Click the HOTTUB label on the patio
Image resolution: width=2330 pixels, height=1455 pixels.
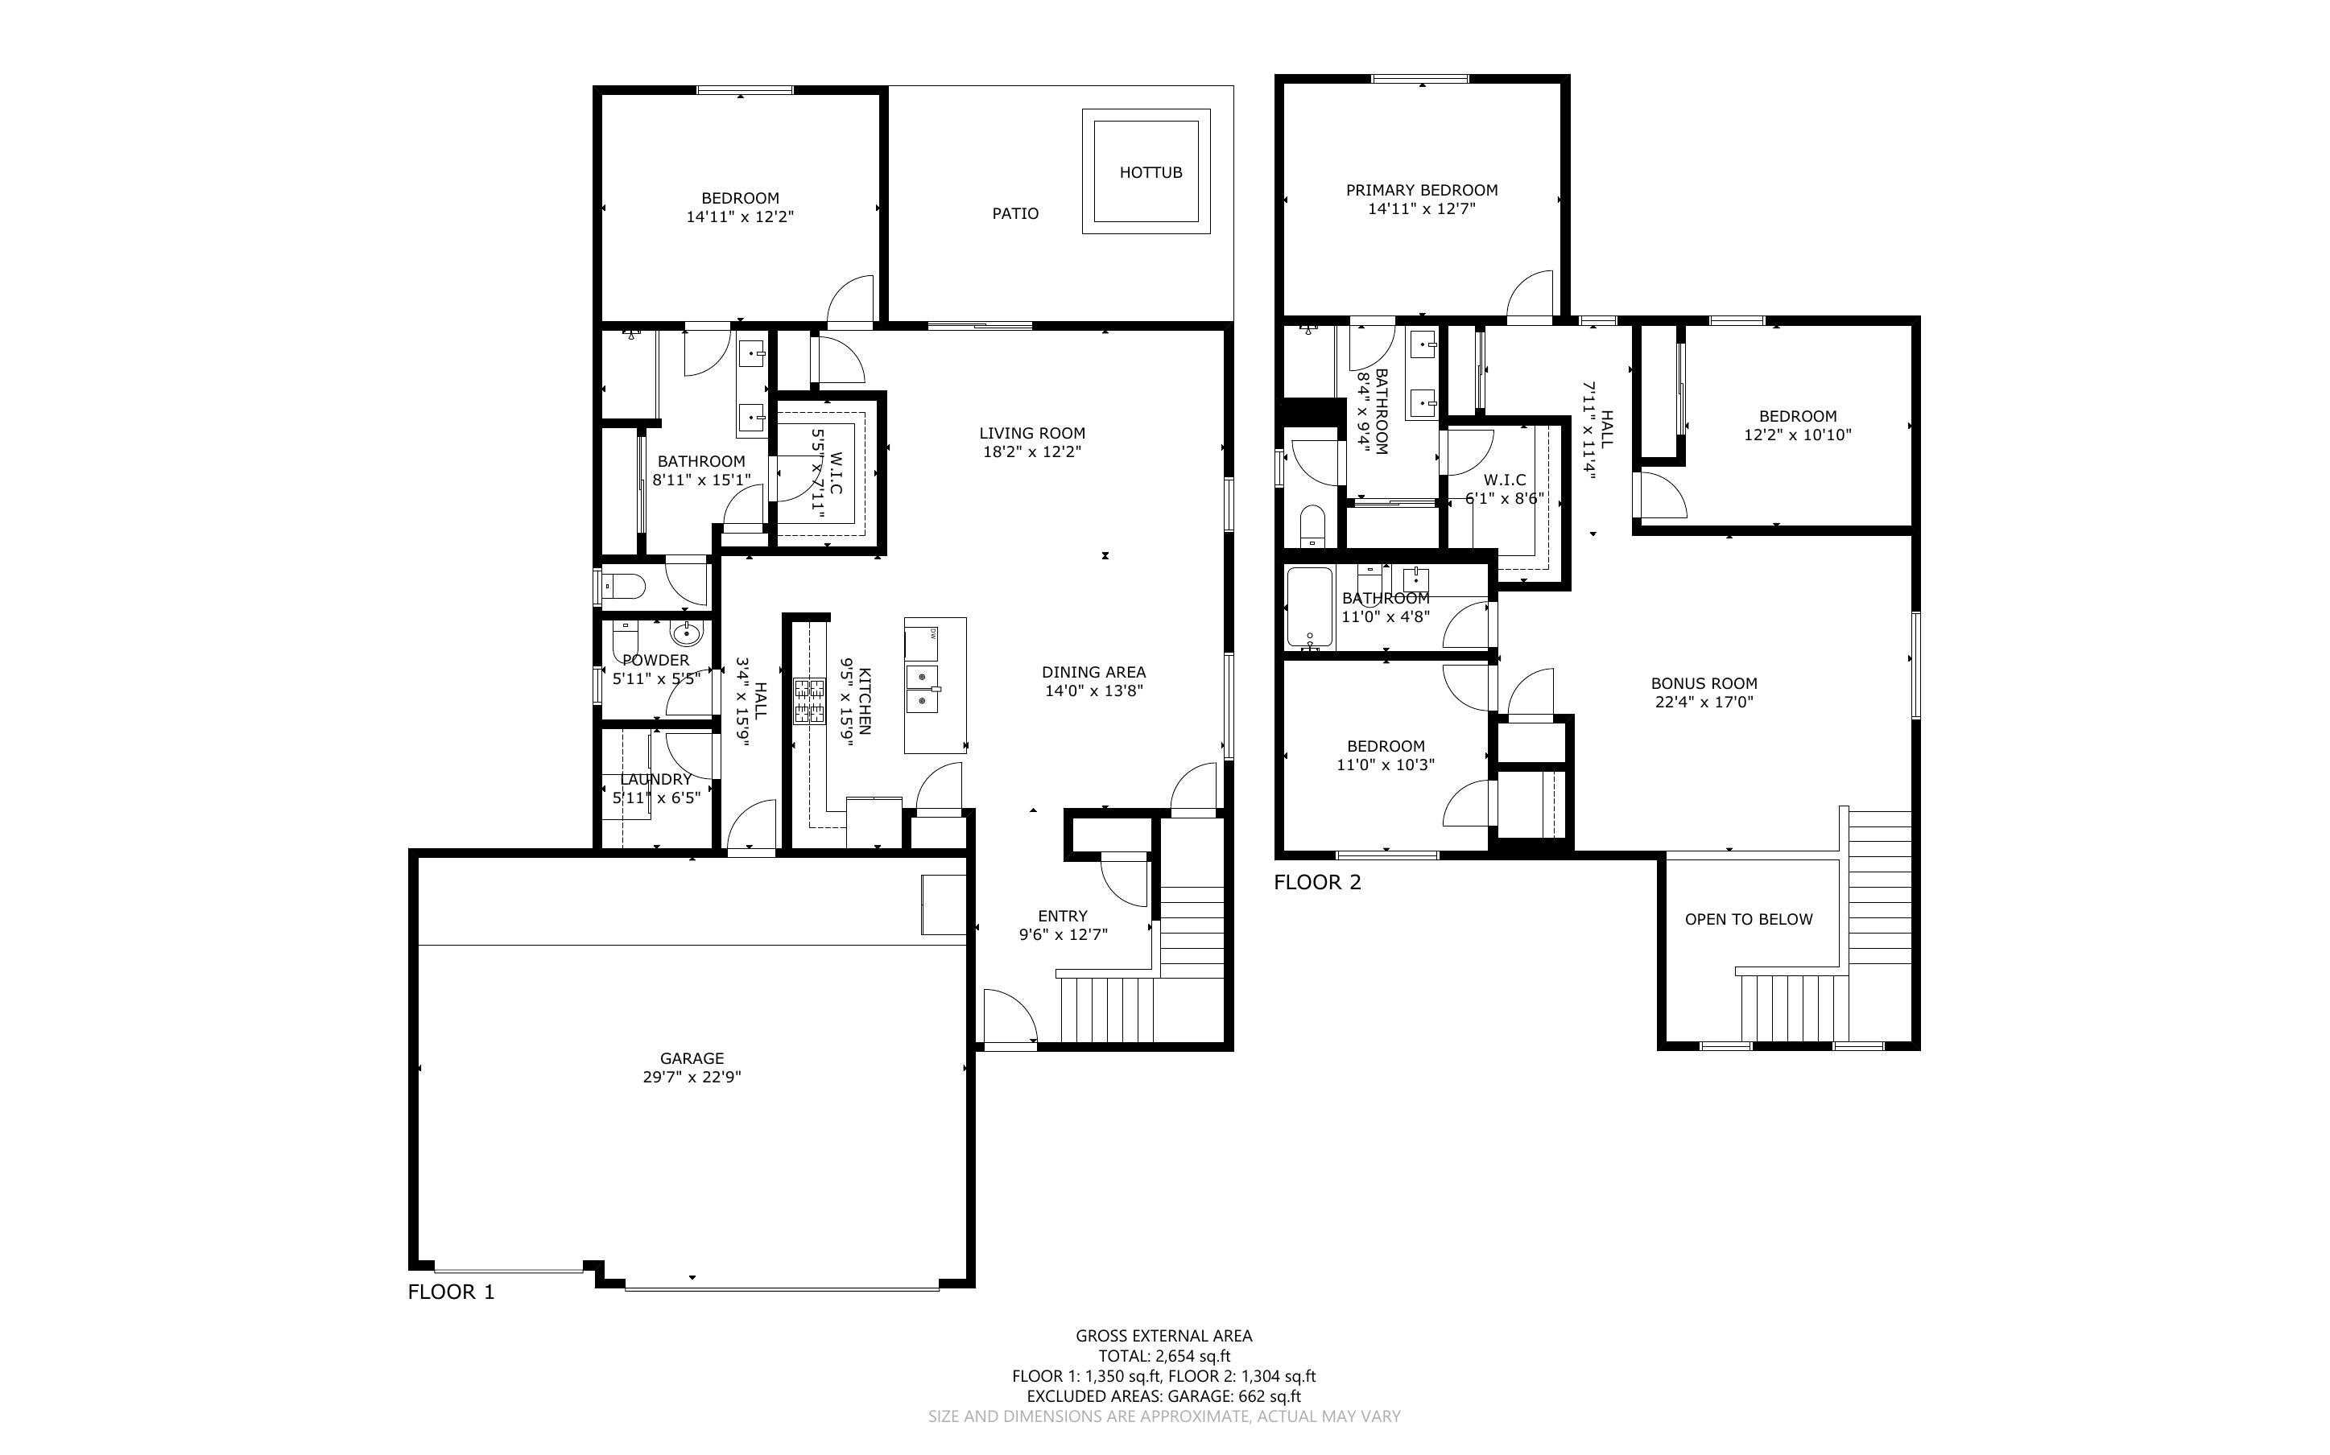(1150, 172)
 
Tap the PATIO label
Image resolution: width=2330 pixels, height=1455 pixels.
(1015, 213)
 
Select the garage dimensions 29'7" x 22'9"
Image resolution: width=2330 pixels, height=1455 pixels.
(691, 1077)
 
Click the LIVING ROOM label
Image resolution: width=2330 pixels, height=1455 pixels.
(1031, 433)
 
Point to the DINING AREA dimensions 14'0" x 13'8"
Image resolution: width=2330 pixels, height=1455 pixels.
(1093, 690)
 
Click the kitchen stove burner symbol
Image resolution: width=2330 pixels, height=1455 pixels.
(808, 701)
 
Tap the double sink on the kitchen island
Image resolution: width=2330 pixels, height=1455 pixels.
(922, 689)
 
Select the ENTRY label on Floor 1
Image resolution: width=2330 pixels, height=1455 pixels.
(1063, 916)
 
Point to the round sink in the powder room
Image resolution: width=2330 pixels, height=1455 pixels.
(686, 633)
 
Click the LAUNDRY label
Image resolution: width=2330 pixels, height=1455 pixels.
(655, 778)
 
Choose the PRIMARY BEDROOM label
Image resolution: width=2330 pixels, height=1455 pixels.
(1422, 191)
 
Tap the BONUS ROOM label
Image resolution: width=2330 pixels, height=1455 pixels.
(1704, 683)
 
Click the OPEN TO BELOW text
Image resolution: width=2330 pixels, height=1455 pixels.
(1748, 919)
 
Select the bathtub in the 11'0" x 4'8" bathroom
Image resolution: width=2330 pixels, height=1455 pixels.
(1309, 606)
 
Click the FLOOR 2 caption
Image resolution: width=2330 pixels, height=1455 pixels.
(1317, 881)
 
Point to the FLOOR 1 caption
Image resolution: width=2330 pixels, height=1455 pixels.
(450, 1292)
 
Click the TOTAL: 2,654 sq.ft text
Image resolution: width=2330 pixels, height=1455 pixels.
(1163, 1356)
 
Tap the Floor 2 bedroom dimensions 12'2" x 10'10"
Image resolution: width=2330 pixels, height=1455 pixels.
(1797, 434)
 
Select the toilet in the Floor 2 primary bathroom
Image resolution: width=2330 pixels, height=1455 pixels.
(1312, 525)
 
